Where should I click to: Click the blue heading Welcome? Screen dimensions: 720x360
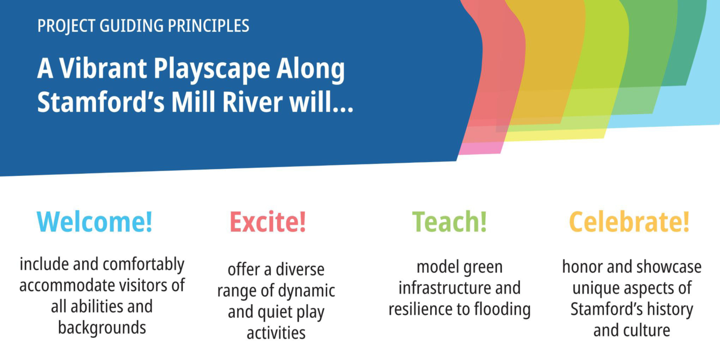pyautogui.click(x=94, y=221)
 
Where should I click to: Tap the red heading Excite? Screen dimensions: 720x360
pyautogui.click(x=268, y=221)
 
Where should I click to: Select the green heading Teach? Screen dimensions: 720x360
pyautogui.click(x=450, y=221)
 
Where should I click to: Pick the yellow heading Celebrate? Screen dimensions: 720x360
pyautogui.click(x=629, y=221)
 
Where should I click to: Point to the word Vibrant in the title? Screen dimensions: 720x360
pyautogui.click(x=103, y=68)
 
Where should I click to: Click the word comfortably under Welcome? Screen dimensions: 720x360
pyautogui.click(x=144, y=265)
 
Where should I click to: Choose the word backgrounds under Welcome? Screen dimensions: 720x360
pyautogui.click(x=102, y=328)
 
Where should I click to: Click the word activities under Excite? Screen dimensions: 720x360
pyautogui.click(x=276, y=333)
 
